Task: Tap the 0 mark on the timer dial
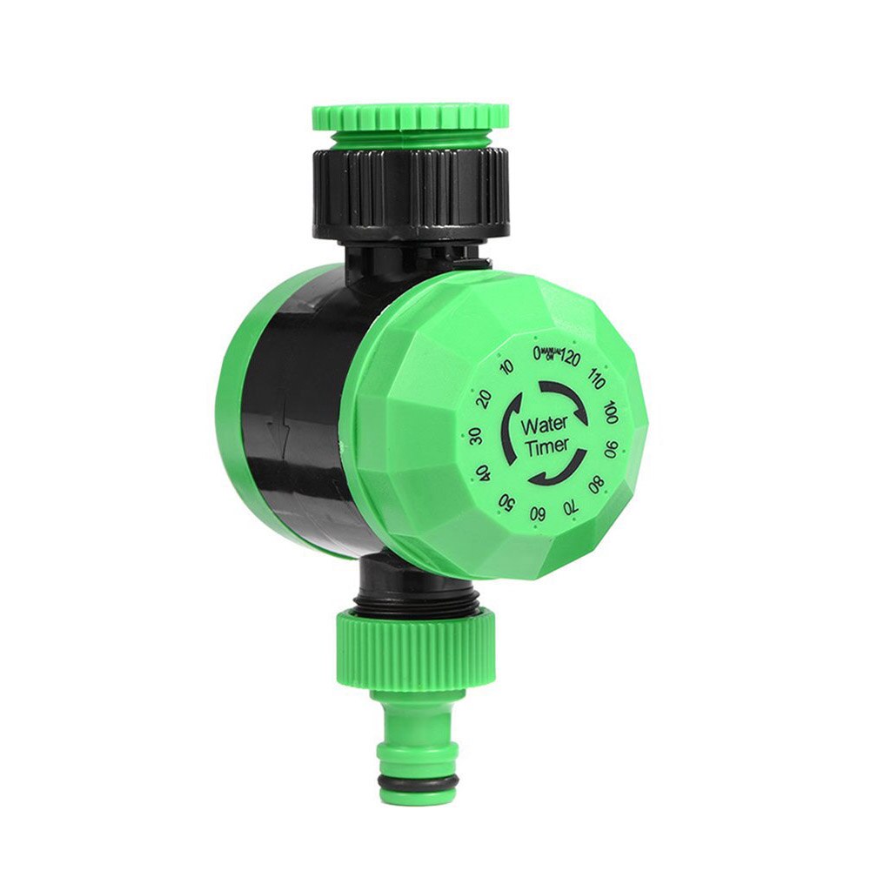tap(538, 352)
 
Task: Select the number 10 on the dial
tap(507, 367)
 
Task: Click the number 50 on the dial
tap(504, 501)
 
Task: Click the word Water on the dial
tap(544, 425)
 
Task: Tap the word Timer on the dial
tap(546, 446)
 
